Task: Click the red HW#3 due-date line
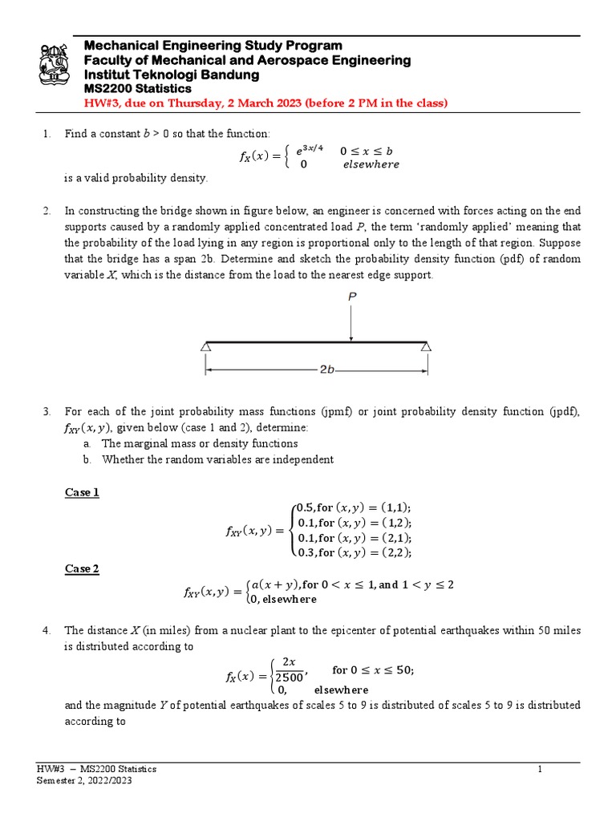(x=265, y=103)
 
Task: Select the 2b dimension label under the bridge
(x=326, y=371)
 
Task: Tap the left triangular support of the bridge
(x=206, y=346)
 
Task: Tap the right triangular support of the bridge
(x=427, y=346)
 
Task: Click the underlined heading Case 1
(x=82, y=492)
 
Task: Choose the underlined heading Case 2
(x=82, y=568)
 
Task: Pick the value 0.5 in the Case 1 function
(x=306, y=508)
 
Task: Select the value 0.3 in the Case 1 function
(x=306, y=552)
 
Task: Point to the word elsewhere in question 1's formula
(x=371, y=164)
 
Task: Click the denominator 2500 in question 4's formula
(x=289, y=678)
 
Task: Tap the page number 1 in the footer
(x=541, y=769)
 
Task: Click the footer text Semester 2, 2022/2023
(x=85, y=780)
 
